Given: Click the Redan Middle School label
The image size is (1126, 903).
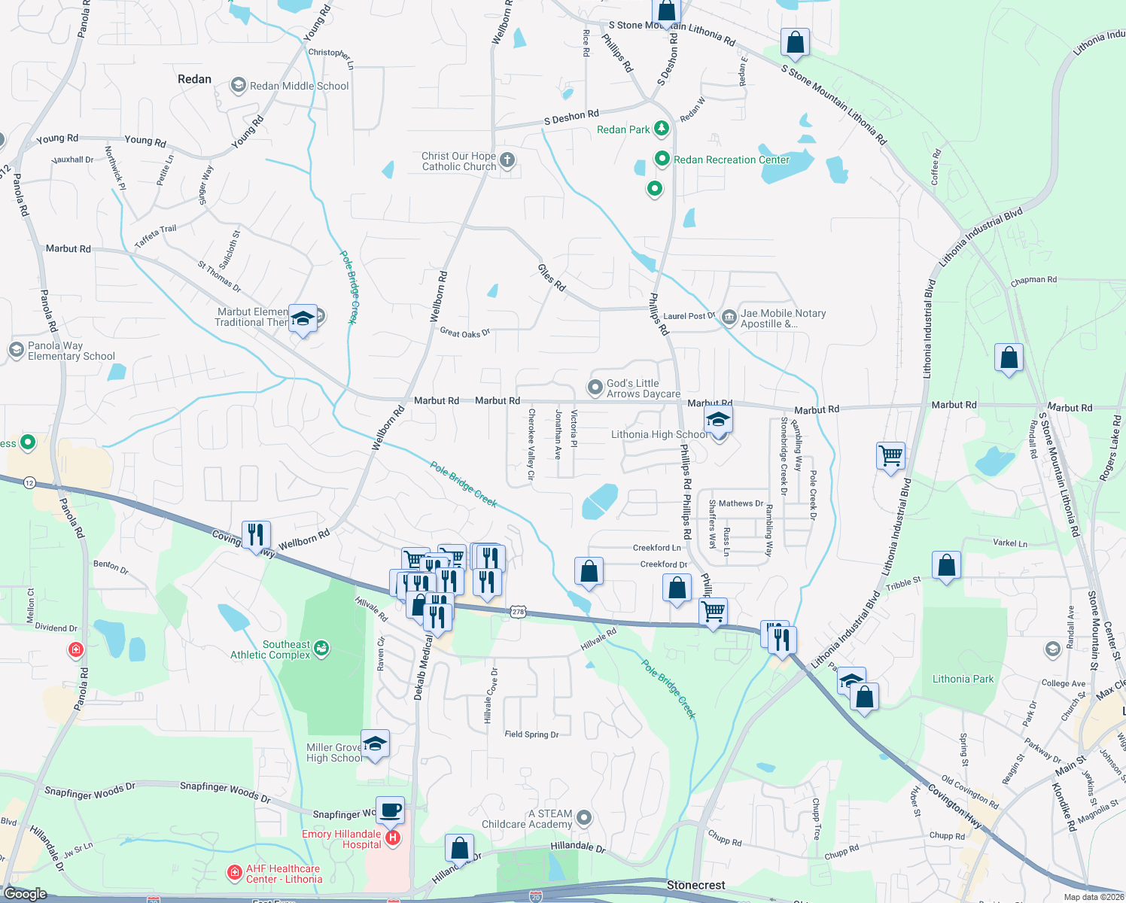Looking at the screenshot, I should [x=299, y=86].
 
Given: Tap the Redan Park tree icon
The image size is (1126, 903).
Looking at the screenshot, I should [x=662, y=129].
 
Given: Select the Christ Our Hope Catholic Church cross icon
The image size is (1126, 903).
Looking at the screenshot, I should [x=507, y=160].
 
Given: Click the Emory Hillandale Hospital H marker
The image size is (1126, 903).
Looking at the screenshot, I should [x=392, y=838].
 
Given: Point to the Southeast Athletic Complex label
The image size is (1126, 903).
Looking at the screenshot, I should [x=270, y=649].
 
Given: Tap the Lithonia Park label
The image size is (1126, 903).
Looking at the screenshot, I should [x=963, y=679].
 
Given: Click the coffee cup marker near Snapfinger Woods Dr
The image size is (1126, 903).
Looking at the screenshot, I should [x=390, y=810].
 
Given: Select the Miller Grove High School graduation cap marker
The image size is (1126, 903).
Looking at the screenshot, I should [x=375, y=744].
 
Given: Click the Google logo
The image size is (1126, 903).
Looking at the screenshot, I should [x=25, y=894].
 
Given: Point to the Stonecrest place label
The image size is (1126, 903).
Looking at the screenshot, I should [x=695, y=885].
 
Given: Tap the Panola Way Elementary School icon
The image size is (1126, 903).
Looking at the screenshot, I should [x=17, y=350].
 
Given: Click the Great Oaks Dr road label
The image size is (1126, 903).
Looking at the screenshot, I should [x=464, y=333].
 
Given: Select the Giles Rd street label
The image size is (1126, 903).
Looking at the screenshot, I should [x=552, y=278].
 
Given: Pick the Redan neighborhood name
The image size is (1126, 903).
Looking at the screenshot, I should [x=194, y=79].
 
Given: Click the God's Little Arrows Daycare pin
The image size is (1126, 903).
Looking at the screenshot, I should [x=595, y=388].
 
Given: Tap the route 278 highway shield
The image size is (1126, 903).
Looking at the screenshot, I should [x=517, y=612].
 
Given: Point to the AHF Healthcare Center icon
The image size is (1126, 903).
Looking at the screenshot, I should [x=235, y=873].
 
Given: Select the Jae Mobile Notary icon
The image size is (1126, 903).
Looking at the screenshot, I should [x=729, y=318].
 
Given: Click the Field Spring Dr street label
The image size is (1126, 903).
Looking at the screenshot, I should [x=531, y=734].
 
